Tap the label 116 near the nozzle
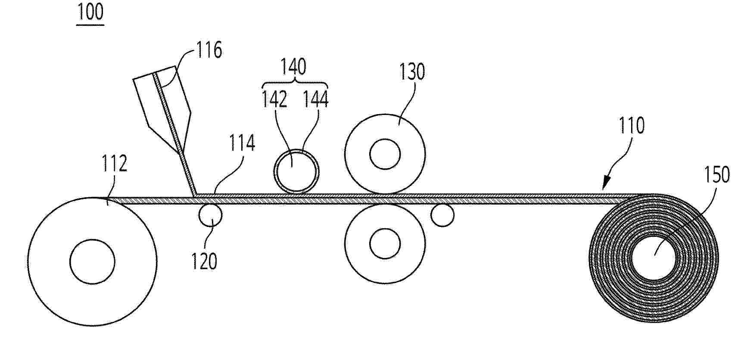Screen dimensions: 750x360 209,50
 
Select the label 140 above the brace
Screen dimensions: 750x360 293,67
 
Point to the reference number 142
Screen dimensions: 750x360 274,100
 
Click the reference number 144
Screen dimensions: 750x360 316,100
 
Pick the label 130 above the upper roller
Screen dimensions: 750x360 412,72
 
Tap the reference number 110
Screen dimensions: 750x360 632,126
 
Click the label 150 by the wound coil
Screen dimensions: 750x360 717,175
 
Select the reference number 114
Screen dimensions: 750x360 242,143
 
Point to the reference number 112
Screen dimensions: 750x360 114,164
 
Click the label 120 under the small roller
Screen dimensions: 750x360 204,261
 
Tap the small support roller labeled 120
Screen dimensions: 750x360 211,215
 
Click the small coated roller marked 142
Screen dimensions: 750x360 297,170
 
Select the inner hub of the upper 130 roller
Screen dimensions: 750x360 385,154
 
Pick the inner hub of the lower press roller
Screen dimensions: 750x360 385,244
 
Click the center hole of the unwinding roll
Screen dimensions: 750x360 92,261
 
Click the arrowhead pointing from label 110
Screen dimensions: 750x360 605,186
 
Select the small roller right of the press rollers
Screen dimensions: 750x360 442,215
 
